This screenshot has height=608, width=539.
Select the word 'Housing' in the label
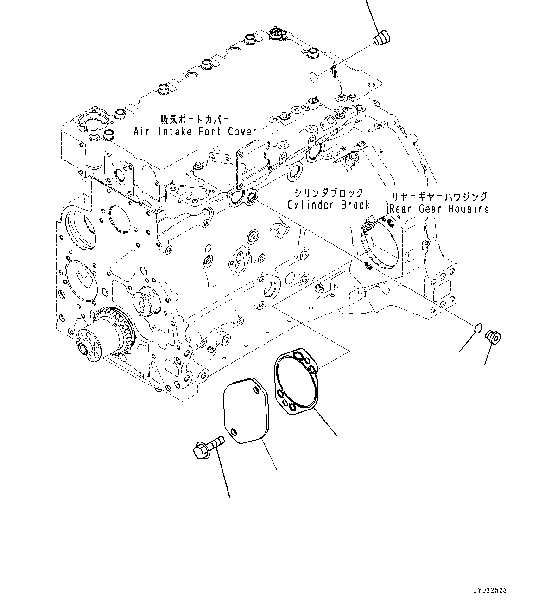pos(469,209)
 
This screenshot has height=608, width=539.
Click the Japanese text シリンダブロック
pos(329,192)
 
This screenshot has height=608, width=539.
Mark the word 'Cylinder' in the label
pos(306,205)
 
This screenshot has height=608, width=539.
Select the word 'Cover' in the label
pos(242,131)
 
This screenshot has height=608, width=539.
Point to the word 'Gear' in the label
pos(430,209)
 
